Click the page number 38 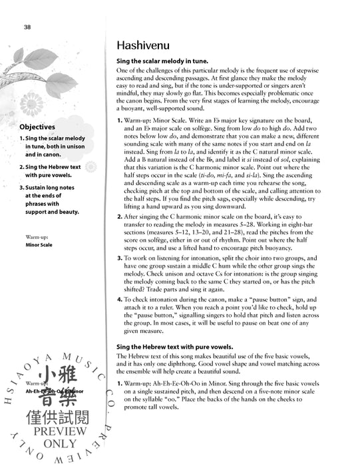click(27, 27)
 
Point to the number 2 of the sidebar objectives click(22, 167)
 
